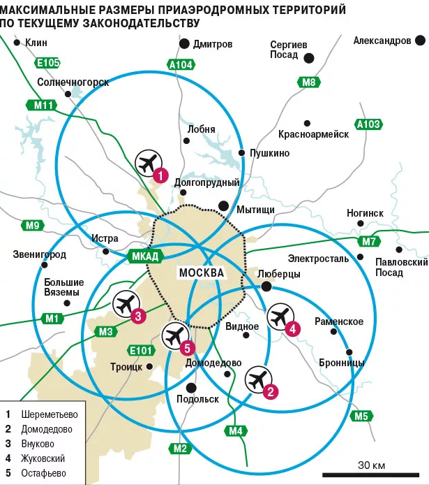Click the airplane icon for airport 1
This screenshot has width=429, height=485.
(x=149, y=164)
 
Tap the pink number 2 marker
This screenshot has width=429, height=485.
(x=271, y=391)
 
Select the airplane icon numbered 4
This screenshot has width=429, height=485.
(x=280, y=317)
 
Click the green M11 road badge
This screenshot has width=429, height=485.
(x=42, y=106)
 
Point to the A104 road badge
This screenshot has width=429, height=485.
(x=181, y=65)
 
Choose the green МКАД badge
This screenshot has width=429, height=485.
(x=145, y=256)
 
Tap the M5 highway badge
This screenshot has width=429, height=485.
(x=361, y=416)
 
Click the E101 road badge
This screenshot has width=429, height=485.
(x=141, y=350)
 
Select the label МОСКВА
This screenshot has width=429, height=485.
(x=202, y=273)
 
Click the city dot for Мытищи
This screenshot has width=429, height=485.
(x=223, y=206)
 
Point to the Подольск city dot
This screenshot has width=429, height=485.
(x=191, y=388)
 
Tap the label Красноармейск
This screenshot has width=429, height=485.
(x=314, y=134)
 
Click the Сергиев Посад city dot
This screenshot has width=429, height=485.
(x=309, y=58)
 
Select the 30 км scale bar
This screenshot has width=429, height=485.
(x=370, y=475)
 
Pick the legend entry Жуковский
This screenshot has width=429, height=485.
(x=43, y=458)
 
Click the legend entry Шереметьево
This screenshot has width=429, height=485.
(x=50, y=414)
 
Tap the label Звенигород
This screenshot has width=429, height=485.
(x=40, y=254)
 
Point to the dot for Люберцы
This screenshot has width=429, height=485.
(x=266, y=287)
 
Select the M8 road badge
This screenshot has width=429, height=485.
(x=308, y=82)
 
